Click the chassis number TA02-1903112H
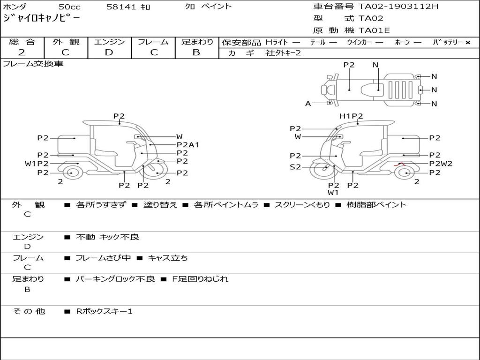point(398,7)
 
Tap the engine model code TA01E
point(374,30)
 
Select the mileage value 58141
point(121,7)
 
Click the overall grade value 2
point(22,52)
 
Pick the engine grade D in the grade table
point(109,52)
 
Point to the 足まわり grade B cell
point(196,52)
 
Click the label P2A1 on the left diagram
point(188,145)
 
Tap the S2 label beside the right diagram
point(295,167)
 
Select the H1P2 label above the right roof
point(351,116)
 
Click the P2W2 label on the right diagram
point(441,164)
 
